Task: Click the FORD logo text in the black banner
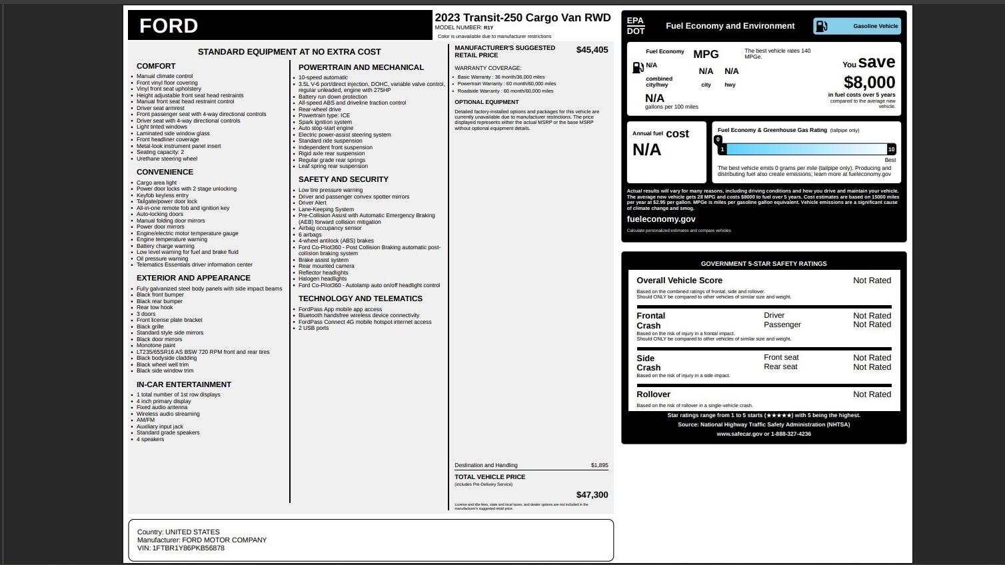pyautogui.click(x=169, y=26)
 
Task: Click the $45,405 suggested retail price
pyautogui.click(x=592, y=50)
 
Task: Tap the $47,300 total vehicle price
pyautogui.click(x=592, y=495)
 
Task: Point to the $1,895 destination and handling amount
pyautogui.click(x=599, y=465)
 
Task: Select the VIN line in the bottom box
pyautogui.click(x=181, y=548)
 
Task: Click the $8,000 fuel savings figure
pyautogui.click(x=869, y=83)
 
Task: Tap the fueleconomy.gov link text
pyautogui.click(x=660, y=219)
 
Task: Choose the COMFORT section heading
pyautogui.click(x=156, y=66)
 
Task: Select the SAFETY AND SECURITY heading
pyautogui.click(x=343, y=179)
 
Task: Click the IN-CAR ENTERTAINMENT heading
pyautogui.click(x=184, y=384)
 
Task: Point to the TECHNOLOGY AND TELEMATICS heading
pyautogui.click(x=361, y=298)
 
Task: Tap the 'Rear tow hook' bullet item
pyautogui.click(x=155, y=307)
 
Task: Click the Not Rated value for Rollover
pyautogui.click(x=872, y=394)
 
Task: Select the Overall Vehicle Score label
pyautogui.click(x=679, y=281)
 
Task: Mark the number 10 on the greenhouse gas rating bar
pyautogui.click(x=891, y=149)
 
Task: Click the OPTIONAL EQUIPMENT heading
pyautogui.click(x=487, y=102)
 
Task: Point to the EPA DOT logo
pyautogui.click(x=636, y=26)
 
